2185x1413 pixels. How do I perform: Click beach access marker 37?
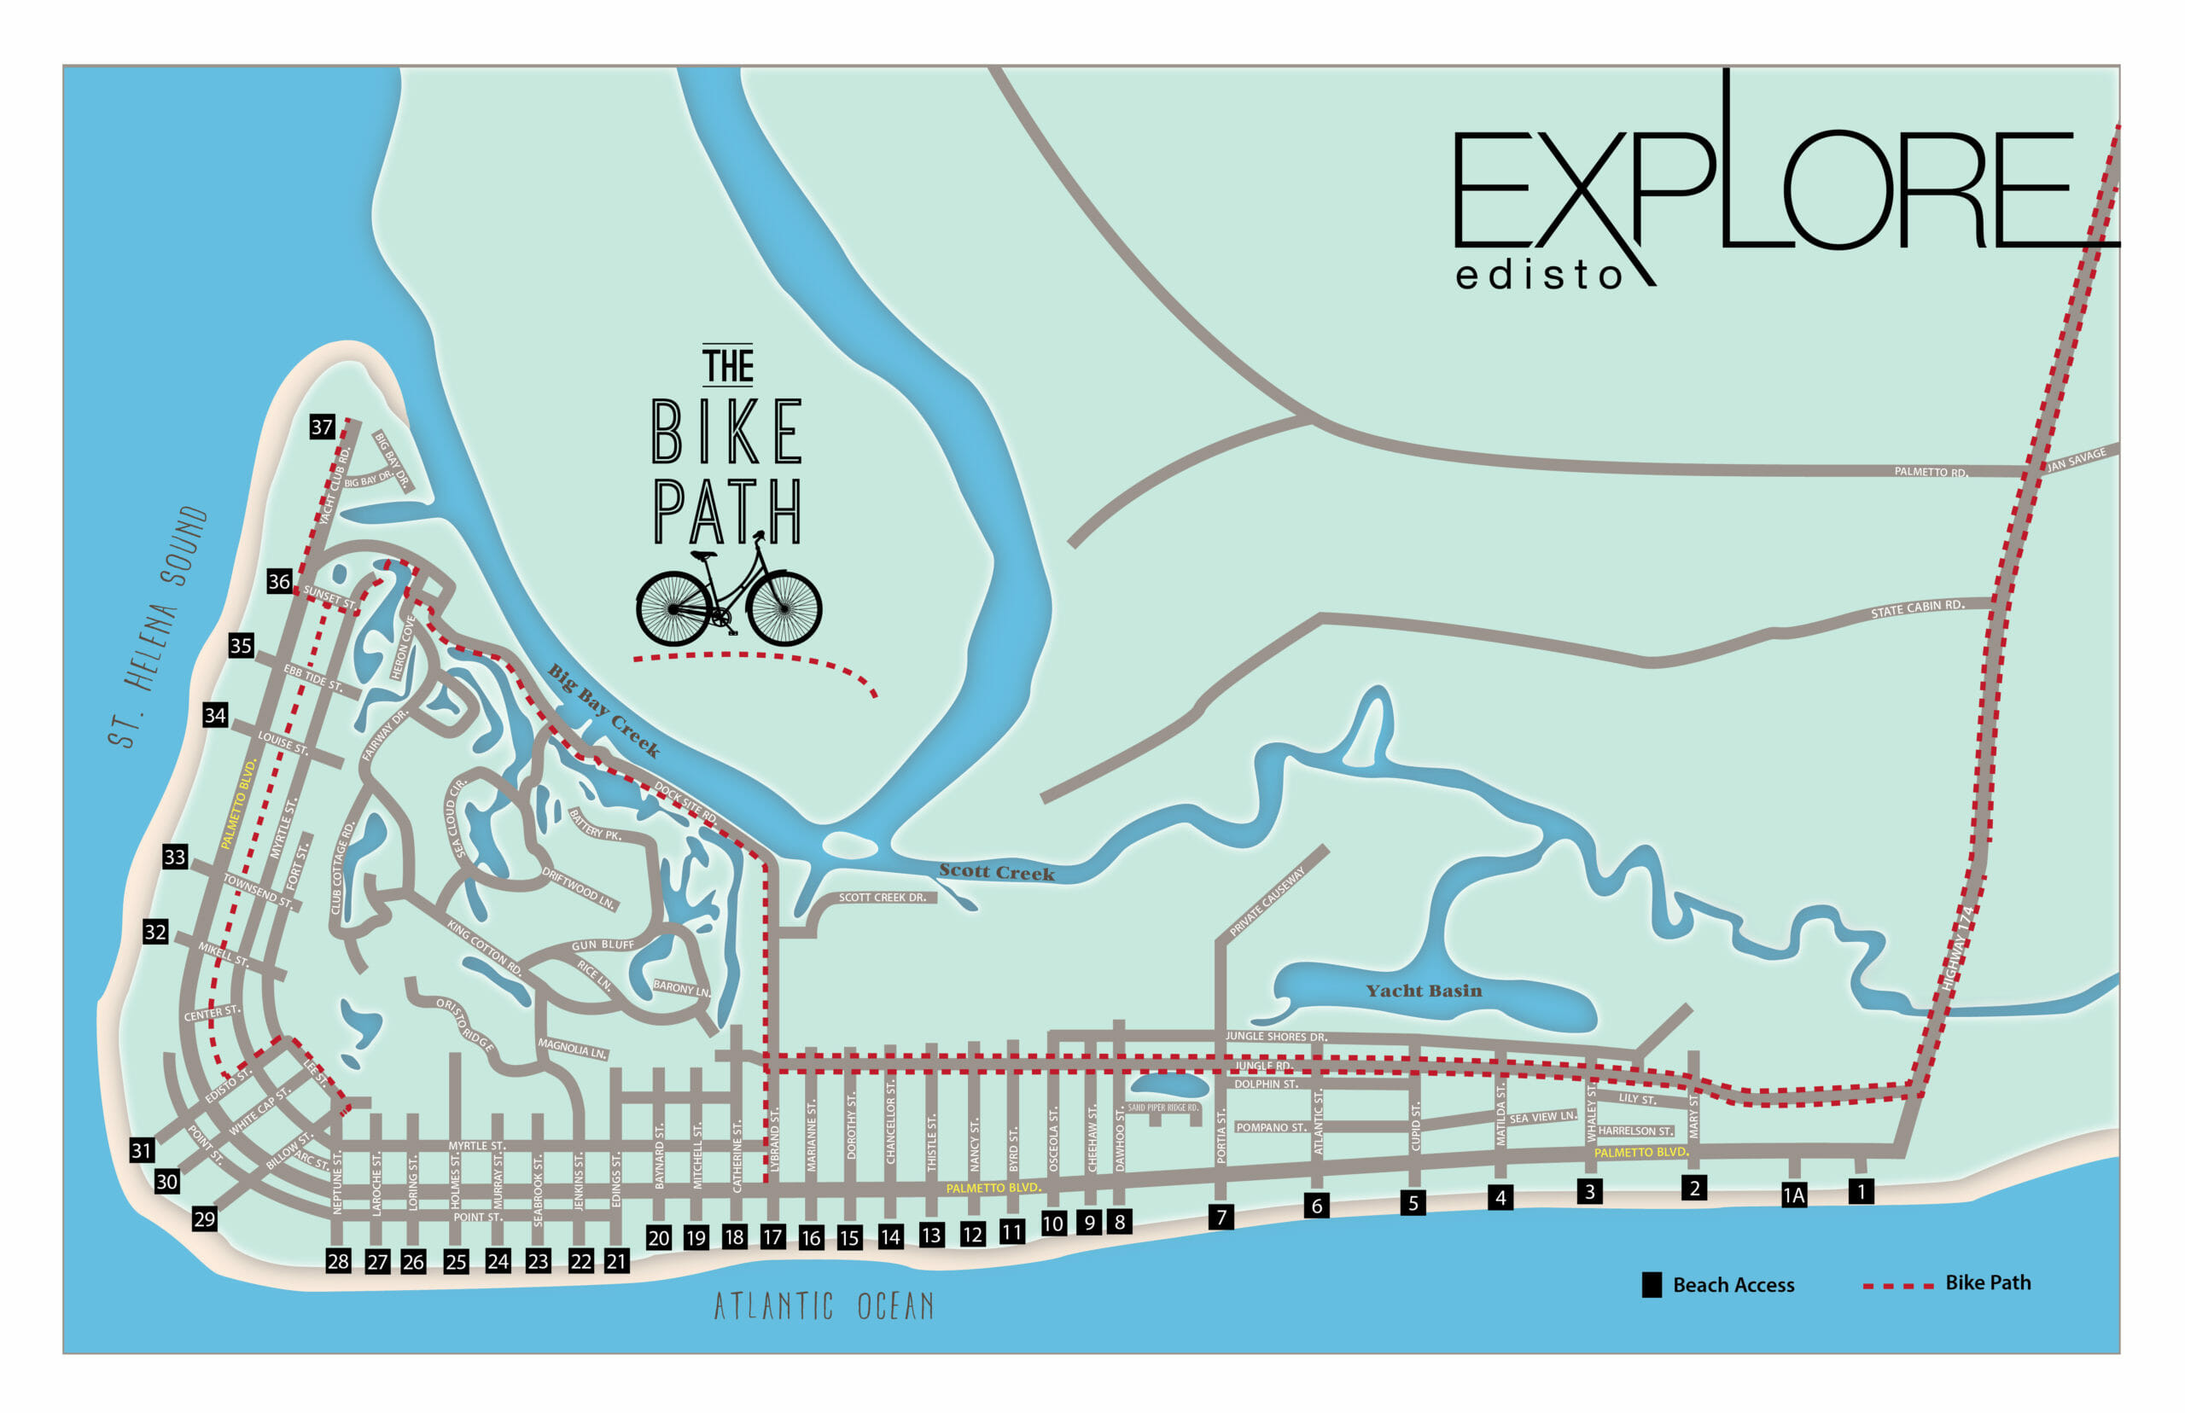321,427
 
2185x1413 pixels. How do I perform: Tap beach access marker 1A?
1793,1195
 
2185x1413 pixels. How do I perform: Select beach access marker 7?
1221,1217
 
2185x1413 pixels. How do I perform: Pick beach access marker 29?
204,1218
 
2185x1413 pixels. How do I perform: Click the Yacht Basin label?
1424,991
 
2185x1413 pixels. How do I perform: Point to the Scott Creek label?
996,872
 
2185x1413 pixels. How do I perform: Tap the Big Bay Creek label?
603,710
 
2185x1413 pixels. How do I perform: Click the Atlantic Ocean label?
823,1305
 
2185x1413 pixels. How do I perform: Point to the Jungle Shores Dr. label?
1275,1036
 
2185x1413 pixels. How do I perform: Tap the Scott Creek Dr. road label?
882,897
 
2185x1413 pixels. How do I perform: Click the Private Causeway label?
1267,901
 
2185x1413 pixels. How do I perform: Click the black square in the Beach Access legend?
1651,1284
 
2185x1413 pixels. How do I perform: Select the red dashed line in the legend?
1897,1286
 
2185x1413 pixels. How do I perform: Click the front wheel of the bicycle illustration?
784,608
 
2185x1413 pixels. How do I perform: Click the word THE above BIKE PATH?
728,365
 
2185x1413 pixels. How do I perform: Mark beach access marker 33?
174,856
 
